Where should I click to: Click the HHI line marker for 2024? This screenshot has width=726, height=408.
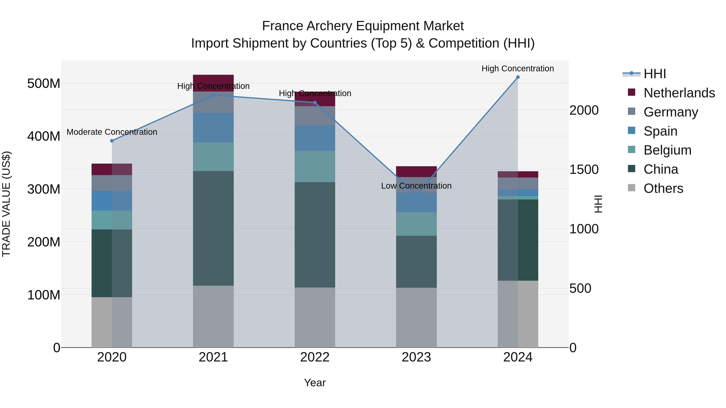pos(518,77)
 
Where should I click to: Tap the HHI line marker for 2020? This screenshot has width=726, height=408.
pos(112,141)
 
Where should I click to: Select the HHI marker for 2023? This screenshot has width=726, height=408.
pos(416,194)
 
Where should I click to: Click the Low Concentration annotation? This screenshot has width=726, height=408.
pos(416,186)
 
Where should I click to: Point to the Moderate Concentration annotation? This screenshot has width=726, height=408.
pos(112,132)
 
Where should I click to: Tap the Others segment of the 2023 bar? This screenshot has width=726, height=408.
pos(416,317)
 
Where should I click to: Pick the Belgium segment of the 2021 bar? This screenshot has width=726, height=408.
pos(213,157)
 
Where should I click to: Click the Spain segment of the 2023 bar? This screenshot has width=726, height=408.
pos(416,202)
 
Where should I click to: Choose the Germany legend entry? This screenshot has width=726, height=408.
pos(671,112)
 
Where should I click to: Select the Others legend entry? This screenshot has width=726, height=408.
pos(663,188)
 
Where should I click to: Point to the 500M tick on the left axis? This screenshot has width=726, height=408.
pos(44,84)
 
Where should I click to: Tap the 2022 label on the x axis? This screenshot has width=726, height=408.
pos(315,357)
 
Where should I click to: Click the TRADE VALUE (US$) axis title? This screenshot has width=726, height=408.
pos(6,204)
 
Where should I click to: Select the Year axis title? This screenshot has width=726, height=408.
pos(315,383)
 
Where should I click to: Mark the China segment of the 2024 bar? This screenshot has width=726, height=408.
pos(518,240)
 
